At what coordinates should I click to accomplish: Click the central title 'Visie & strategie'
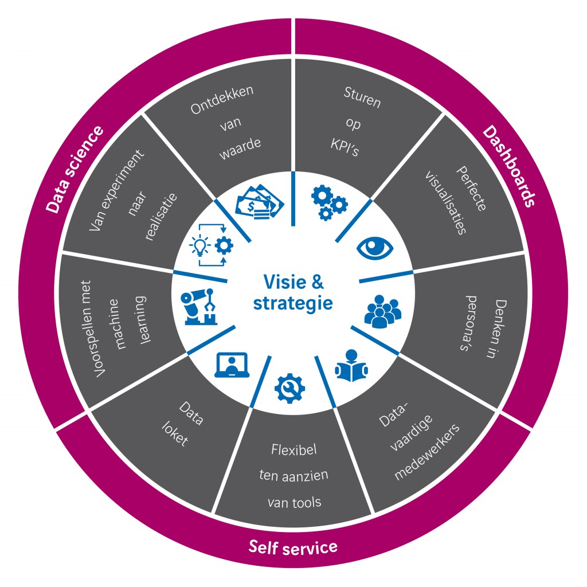[x=293, y=292]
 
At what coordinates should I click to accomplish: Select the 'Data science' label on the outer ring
[x=75, y=170]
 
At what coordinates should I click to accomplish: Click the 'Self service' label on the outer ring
[x=293, y=547]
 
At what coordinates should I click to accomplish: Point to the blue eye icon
[x=375, y=248]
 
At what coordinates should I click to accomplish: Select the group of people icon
[x=383, y=311]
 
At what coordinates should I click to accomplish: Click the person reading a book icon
[x=351, y=366]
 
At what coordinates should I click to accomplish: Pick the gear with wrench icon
[x=289, y=388]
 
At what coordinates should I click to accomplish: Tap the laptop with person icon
[x=232, y=366]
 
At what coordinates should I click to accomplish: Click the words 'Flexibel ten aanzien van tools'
[x=294, y=476]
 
